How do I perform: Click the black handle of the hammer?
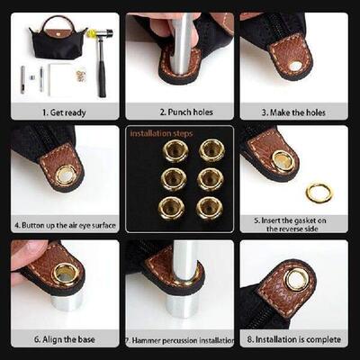pyautogui.click(x=102, y=67)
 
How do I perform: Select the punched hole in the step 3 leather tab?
pyautogui.click(x=295, y=65)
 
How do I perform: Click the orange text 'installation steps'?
pyautogui.click(x=161, y=133)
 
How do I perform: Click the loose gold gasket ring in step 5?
pyautogui.click(x=319, y=192)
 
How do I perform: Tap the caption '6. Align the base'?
pyautogui.click(x=64, y=340)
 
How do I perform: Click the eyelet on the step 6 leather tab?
pyautogui.click(x=66, y=274)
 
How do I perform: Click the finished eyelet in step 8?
pyautogui.click(x=296, y=279)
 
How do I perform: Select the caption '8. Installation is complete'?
pyautogui.click(x=293, y=340)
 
